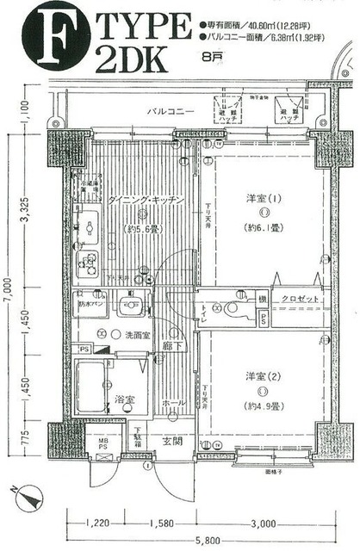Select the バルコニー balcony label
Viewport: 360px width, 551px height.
169,112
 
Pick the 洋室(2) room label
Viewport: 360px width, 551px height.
263,376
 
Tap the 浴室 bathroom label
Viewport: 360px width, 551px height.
124,399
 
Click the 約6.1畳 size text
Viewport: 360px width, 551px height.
263,229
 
